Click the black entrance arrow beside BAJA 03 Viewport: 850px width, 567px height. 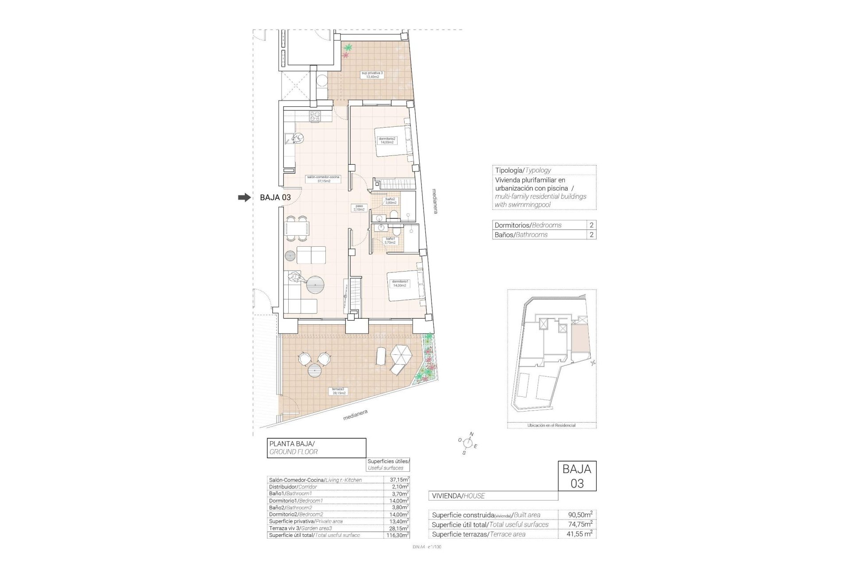tap(244, 198)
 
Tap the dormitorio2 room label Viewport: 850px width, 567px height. tap(387, 140)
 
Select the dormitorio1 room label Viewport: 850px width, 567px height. tap(400, 283)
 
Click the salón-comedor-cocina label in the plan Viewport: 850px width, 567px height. tap(323, 179)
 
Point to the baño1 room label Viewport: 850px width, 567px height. tap(390, 241)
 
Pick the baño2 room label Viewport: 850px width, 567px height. tap(391, 200)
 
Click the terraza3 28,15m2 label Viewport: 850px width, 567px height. tap(339, 391)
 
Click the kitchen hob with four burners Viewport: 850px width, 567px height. tap(315, 117)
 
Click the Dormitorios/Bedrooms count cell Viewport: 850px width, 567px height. tap(591, 225)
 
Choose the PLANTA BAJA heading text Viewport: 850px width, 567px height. tap(292, 443)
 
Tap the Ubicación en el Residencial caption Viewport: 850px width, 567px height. tap(552, 425)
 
